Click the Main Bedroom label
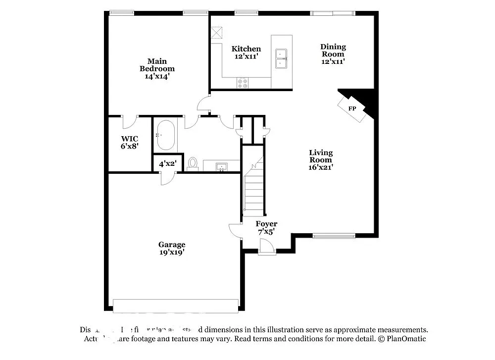(x=157, y=65)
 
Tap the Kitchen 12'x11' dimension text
(x=246, y=57)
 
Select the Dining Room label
(x=333, y=51)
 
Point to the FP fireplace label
(x=352, y=108)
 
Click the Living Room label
(x=321, y=156)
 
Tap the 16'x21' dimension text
(x=321, y=167)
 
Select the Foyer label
(x=266, y=224)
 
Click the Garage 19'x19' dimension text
(x=172, y=252)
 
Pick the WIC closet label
(x=130, y=139)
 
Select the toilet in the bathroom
(x=193, y=164)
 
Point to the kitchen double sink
(x=282, y=58)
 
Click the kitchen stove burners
(x=243, y=83)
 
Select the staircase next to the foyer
(x=253, y=188)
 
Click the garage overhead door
(x=176, y=306)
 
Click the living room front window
(x=334, y=235)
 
